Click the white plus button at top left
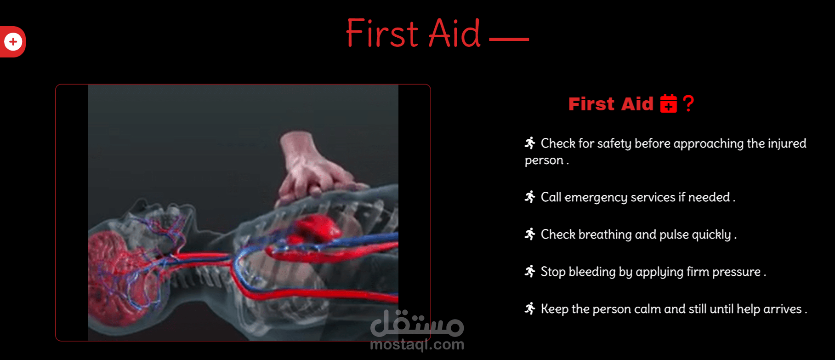(13, 42)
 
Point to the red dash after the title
(509, 40)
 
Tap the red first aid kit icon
(668, 103)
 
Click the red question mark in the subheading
(688, 103)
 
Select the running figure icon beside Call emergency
(530, 197)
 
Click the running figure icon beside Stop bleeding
(530, 271)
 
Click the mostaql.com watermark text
(417, 344)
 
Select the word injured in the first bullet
(787, 143)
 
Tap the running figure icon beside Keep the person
(530, 309)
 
